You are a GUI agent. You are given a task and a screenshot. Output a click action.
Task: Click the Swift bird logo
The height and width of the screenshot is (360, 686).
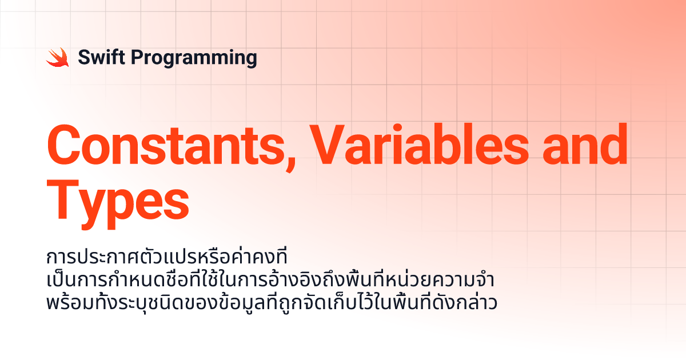point(58,57)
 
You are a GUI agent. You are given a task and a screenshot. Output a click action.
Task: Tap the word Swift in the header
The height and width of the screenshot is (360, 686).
point(101,57)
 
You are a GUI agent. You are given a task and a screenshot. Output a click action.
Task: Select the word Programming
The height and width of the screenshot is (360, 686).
point(194,58)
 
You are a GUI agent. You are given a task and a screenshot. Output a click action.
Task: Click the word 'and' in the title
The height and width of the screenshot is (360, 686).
point(585,144)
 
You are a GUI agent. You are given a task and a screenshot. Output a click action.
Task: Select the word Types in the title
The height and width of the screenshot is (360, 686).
point(118,204)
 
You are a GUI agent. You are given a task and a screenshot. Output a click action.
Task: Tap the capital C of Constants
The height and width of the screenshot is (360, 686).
point(63,145)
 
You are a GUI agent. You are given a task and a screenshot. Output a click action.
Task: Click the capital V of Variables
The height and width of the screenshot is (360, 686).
point(327,145)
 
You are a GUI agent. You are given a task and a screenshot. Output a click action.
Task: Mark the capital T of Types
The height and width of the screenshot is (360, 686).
point(62,200)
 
